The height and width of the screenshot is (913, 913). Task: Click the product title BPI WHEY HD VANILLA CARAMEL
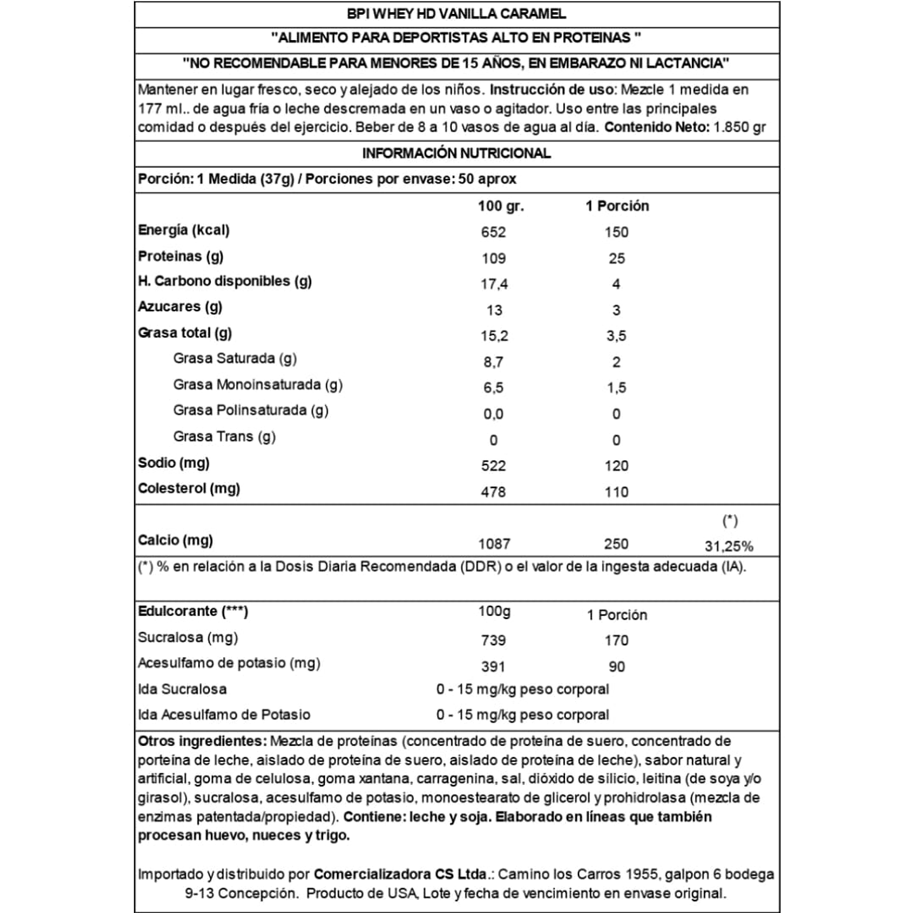456,14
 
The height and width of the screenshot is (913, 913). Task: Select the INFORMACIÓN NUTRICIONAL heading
456,154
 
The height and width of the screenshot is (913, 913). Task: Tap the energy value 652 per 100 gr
493,232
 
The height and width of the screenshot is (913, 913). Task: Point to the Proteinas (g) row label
181,257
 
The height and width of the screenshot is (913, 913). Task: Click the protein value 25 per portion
616,258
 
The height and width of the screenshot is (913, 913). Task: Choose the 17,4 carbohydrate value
494,284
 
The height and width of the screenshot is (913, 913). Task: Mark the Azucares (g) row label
180,307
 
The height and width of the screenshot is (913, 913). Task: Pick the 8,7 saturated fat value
493,363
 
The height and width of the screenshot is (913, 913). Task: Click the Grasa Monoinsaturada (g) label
258,385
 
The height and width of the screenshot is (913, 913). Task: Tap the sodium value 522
493,466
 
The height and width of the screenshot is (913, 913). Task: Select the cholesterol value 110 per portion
616,492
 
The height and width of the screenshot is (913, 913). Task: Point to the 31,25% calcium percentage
729,546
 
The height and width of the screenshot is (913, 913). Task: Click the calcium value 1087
494,544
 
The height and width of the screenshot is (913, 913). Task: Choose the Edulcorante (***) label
193,611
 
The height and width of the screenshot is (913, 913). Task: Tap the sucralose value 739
493,641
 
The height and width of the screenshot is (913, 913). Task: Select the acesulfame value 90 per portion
616,667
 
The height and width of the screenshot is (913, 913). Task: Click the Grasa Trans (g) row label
224,437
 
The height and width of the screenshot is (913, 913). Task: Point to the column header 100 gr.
501,206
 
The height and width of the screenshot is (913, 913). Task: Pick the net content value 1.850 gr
740,127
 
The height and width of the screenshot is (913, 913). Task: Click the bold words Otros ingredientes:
202,742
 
